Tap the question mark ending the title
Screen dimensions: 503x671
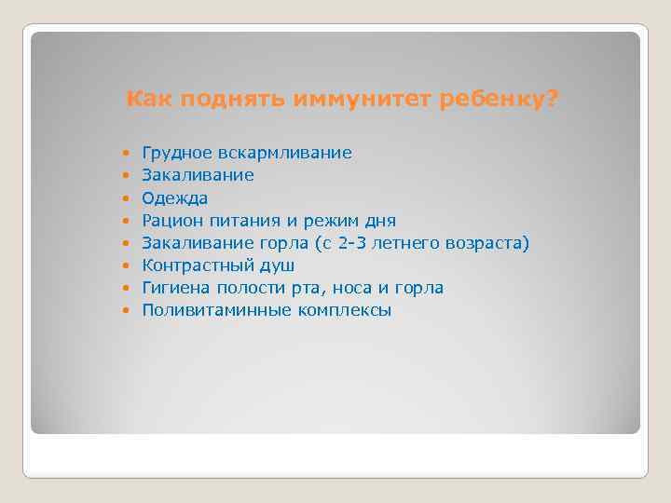coord(555,99)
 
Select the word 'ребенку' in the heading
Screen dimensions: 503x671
coord(497,99)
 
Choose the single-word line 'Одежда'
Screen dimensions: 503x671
coord(174,198)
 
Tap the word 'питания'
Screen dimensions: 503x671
coord(245,221)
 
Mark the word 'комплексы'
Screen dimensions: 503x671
coord(345,310)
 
